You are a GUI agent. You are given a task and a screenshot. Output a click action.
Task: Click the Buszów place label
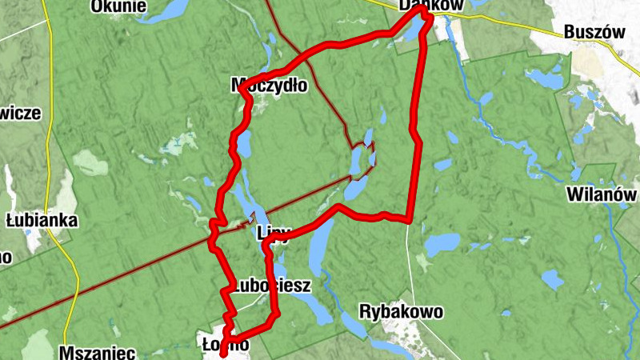(594, 32)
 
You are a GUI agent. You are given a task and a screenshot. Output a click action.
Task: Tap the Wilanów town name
(601, 194)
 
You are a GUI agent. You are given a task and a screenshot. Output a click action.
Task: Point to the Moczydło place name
(268, 85)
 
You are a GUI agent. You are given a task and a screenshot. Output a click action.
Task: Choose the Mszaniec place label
(97, 351)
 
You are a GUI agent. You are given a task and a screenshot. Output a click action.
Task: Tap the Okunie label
(118, 6)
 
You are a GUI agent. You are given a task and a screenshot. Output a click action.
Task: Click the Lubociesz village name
(266, 285)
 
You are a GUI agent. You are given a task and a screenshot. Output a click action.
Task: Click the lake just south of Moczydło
(244, 144)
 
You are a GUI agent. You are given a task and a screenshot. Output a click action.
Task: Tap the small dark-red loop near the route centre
(362, 157)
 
